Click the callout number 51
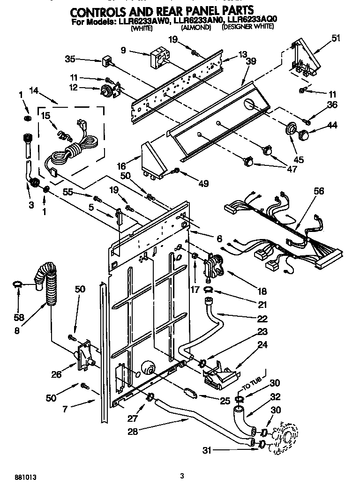coord(336,39)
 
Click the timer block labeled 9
coord(158,59)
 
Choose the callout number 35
coord(70,60)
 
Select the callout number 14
coord(34,90)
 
